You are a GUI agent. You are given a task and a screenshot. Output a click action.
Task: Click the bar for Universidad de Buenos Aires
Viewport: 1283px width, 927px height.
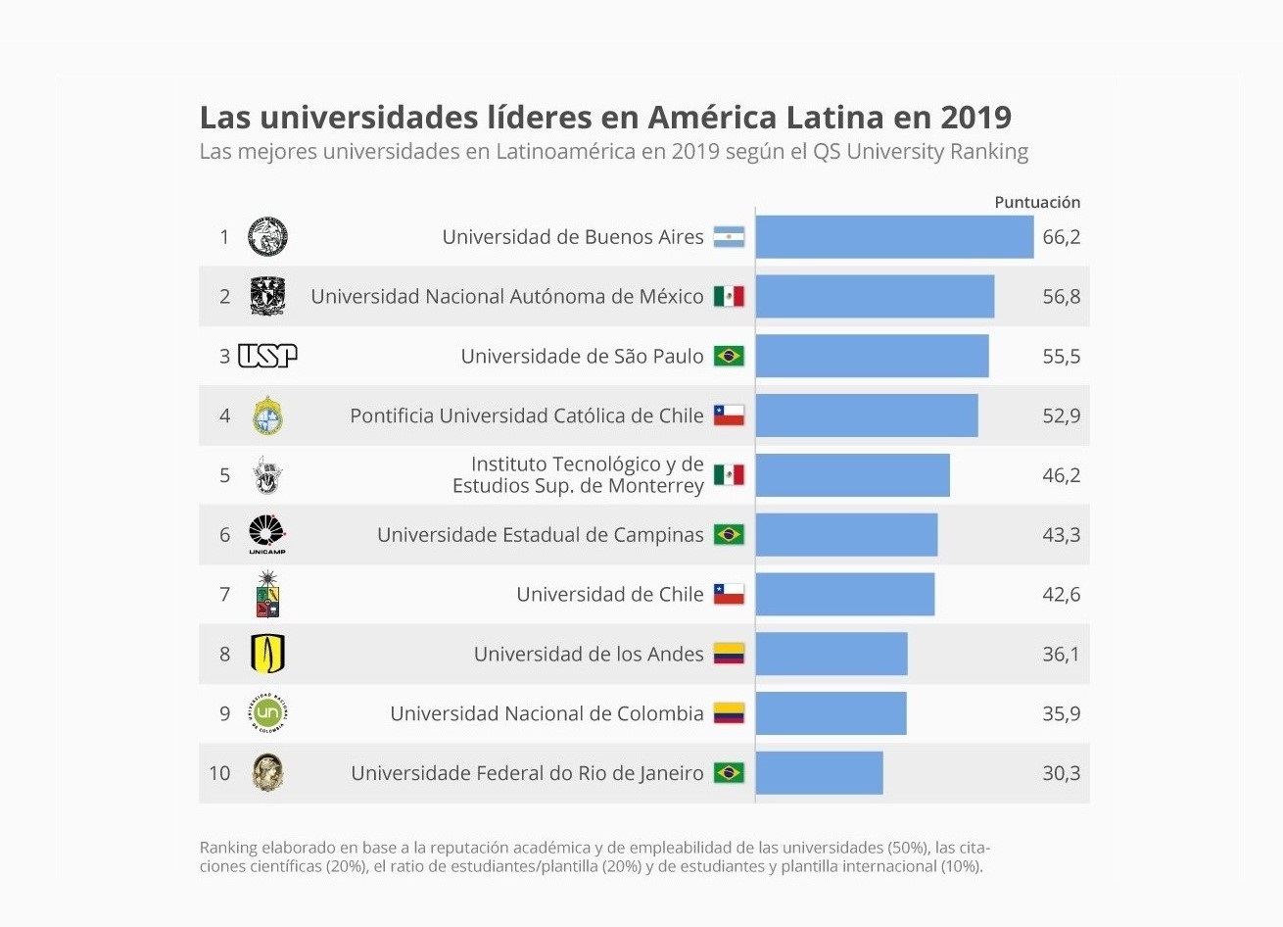[x=894, y=237]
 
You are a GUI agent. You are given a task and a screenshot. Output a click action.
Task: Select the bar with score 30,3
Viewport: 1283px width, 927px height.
[x=820, y=773]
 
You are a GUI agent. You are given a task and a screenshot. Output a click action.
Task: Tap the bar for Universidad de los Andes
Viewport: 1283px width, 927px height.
[x=832, y=654]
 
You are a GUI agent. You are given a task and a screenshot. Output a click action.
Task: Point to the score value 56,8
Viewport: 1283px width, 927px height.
[x=1061, y=297]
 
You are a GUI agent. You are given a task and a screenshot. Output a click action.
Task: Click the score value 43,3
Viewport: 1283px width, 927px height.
[x=1061, y=535]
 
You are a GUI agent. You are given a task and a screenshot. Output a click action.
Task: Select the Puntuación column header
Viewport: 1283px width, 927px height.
[x=1037, y=202]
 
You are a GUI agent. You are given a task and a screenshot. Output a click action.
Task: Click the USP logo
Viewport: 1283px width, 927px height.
[x=267, y=356]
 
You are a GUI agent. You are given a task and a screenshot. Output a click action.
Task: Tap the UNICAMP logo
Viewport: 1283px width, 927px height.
[x=267, y=534]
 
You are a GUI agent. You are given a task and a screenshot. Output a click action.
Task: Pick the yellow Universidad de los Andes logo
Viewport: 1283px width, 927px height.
[x=267, y=654]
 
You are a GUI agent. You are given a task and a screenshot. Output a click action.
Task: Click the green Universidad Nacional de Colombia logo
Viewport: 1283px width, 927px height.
[x=267, y=713]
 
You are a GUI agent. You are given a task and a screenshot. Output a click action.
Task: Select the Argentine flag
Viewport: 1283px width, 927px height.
[x=729, y=237]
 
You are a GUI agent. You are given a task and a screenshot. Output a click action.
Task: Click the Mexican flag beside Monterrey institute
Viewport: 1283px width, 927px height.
[x=729, y=475]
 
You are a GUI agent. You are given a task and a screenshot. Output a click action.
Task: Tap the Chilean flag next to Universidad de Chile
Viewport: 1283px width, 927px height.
[x=729, y=594]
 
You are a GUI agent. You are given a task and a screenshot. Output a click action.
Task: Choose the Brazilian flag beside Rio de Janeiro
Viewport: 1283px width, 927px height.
[x=729, y=773]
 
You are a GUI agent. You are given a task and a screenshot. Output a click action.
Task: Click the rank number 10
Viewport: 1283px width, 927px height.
[x=219, y=773]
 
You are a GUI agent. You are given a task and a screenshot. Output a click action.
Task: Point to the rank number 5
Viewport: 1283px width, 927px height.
[x=224, y=475]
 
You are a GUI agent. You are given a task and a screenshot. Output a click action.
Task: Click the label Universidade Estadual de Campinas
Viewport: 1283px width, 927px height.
[x=540, y=535]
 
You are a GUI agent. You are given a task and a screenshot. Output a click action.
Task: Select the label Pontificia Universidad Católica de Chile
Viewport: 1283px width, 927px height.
[x=526, y=415]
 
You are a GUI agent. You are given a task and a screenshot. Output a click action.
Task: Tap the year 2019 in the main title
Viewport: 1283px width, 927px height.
[x=975, y=118]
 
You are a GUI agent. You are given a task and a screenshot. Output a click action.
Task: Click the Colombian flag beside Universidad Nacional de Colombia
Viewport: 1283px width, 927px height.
[x=729, y=713]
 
